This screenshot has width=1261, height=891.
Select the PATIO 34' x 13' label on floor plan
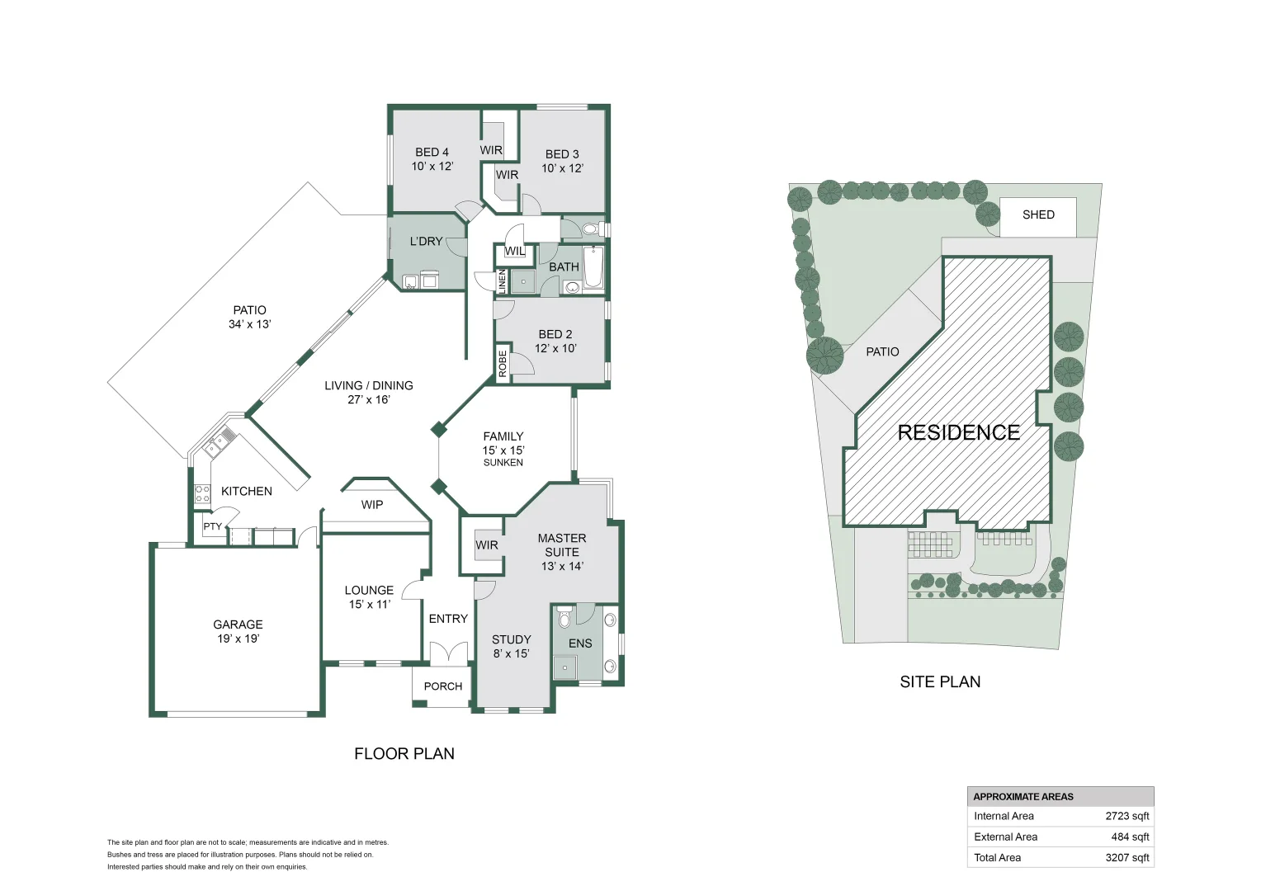click(x=249, y=318)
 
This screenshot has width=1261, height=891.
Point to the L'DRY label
click(x=426, y=242)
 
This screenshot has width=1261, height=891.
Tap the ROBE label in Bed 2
click(x=503, y=364)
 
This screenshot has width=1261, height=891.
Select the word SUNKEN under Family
click(x=503, y=463)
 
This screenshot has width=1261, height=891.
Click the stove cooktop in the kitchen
click(x=202, y=494)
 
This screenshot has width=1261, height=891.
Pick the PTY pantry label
click(x=212, y=526)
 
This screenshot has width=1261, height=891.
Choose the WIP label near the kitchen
click(x=371, y=505)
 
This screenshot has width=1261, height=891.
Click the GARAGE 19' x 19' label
click(x=238, y=631)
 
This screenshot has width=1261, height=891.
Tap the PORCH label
click(x=443, y=686)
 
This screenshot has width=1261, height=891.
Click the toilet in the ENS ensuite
click(x=564, y=618)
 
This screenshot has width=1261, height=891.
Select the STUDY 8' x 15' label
click(x=511, y=646)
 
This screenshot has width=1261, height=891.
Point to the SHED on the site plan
click(x=1037, y=215)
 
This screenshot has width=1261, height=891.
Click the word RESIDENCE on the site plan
click(x=958, y=433)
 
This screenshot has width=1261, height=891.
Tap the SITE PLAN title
click(x=940, y=682)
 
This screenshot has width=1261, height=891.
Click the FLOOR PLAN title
click(x=404, y=754)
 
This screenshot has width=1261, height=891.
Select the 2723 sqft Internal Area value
click(x=1126, y=817)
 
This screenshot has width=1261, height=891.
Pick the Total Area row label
click(x=997, y=858)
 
